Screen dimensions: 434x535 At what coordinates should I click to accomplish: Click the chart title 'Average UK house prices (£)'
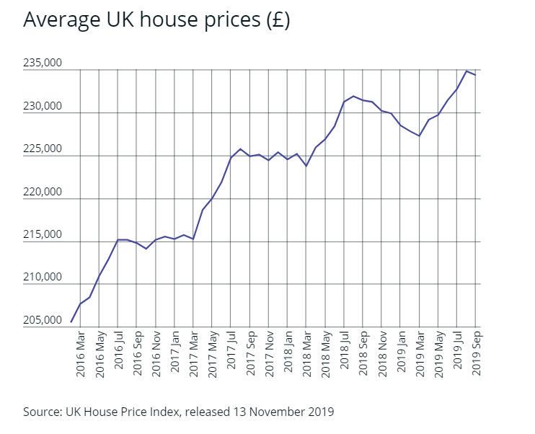point(156,19)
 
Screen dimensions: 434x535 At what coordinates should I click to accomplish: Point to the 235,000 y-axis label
point(43,63)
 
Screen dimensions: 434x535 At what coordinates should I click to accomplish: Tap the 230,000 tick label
point(43,107)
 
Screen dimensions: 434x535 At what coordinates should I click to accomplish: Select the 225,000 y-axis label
point(43,149)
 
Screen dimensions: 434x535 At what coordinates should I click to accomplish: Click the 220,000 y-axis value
point(43,192)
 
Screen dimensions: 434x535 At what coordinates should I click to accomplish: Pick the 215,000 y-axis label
point(43,235)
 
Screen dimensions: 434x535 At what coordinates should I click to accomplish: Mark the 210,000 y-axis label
point(43,278)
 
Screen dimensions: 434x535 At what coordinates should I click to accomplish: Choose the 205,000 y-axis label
point(43,320)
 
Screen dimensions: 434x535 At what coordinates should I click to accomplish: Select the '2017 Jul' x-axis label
point(231,353)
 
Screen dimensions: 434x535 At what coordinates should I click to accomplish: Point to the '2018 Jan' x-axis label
point(288,353)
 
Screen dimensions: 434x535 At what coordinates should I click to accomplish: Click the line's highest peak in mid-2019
point(467,71)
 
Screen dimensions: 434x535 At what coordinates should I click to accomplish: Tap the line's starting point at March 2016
point(71,322)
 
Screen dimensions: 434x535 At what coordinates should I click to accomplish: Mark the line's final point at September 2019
point(475,75)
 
